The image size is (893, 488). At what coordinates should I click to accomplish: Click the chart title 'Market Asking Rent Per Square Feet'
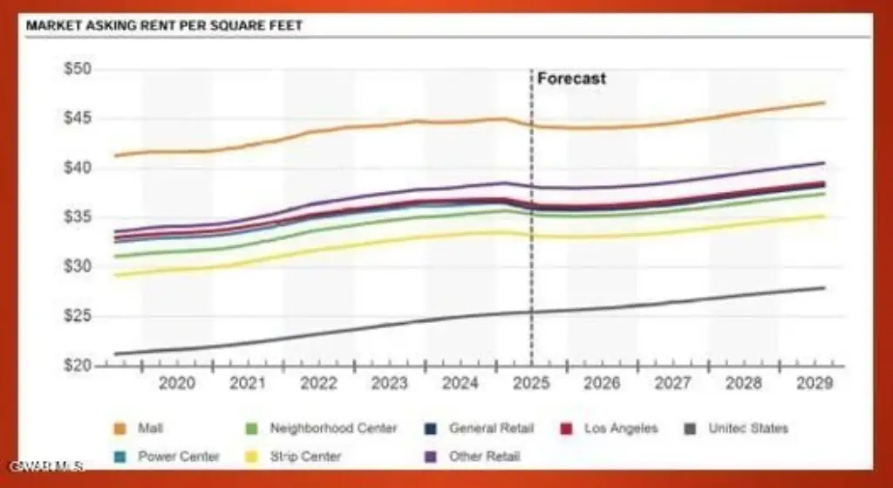click(165, 25)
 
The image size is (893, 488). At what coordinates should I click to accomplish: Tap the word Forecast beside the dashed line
click(571, 79)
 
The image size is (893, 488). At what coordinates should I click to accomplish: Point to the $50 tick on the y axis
click(79, 69)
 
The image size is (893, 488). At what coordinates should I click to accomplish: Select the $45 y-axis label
click(79, 119)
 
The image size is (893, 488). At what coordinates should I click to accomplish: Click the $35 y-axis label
click(79, 217)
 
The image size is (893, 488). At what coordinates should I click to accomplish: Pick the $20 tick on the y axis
click(79, 365)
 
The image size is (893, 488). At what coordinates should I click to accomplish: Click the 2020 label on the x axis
click(176, 382)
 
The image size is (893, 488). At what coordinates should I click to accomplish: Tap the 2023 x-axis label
click(389, 382)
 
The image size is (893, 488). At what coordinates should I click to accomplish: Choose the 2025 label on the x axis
click(531, 382)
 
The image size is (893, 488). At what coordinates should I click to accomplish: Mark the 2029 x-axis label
click(815, 382)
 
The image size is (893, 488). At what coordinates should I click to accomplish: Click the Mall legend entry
click(150, 429)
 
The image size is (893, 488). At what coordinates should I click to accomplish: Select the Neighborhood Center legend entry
click(333, 429)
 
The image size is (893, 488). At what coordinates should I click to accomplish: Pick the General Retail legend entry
click(491, 429)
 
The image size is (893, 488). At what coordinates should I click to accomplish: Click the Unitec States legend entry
click(747, 429)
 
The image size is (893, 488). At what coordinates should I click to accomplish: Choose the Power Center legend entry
click(178, 457)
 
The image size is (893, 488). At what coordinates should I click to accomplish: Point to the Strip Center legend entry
click(305, 457)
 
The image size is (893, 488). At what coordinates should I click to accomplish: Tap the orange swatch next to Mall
click(120, 429)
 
